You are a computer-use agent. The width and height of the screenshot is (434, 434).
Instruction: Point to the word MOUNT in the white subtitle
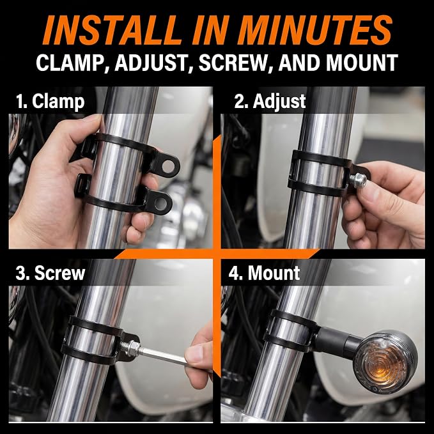(x=362, y=63)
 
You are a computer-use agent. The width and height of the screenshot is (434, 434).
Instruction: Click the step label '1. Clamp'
(x=50, y=101)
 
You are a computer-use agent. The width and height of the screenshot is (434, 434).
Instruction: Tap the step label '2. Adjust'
(x=270, y=101)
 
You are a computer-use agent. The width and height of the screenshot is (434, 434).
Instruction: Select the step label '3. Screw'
(x=50, y=273)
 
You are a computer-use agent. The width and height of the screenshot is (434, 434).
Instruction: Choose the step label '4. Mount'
(x=264, y=273)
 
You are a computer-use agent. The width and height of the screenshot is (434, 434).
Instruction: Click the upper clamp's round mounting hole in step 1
(x=168, y=166)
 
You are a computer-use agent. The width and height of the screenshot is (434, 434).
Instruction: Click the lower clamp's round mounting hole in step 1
(x=161, y=203)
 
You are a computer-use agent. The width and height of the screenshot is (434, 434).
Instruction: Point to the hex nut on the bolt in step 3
(x=132, y=348)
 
